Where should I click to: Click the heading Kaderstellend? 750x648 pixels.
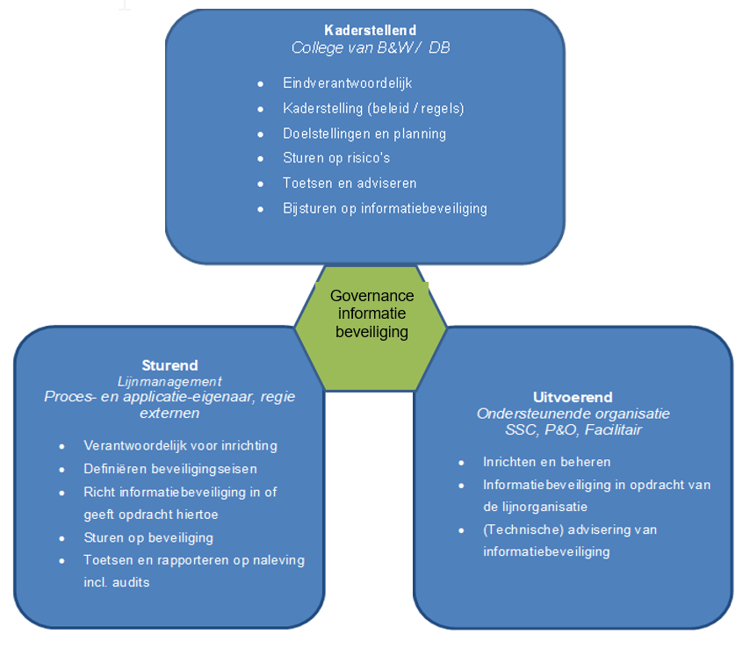click(x=370, y=31)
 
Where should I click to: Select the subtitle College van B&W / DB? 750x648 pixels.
click(x=370, y=47)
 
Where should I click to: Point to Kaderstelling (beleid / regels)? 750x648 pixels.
click(x=373, y=109)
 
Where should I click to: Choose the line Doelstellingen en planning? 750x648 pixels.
click(x=364, y=133)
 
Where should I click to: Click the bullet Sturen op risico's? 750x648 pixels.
click(x=336, y=158)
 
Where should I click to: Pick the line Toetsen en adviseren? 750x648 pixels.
click(x=350, y=184)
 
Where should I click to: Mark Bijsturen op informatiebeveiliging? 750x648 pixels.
click(x=385, y=208)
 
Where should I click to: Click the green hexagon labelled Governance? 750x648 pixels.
click(x=371, y=313)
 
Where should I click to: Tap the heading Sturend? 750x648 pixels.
click(x=169, y=365)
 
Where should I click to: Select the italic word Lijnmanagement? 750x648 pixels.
click(x=169, y=381)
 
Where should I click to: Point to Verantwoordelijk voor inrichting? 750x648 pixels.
click(x=180, y=445)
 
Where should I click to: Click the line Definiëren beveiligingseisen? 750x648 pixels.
click(x=170, y=468)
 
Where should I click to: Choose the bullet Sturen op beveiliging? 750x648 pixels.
click(x=148, y=537)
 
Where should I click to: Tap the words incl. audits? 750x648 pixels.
click(x=117, y=581)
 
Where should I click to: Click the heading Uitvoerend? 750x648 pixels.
click(x=573, y=397)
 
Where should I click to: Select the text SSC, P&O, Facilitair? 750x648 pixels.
click(x=573, y=429)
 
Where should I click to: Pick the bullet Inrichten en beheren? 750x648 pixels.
click(x=546, y=461)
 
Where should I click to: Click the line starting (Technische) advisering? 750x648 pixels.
click(x=570, y=529)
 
